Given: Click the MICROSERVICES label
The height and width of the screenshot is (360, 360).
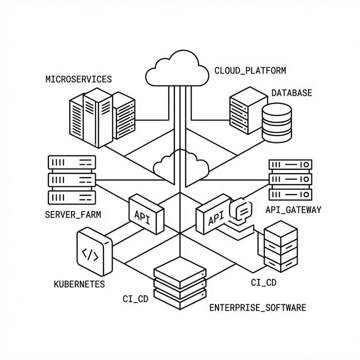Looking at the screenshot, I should pyautogui.click(x=78, y=79).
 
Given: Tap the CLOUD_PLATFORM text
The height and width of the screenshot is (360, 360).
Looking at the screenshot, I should pyautogui.click(x=250, y=71).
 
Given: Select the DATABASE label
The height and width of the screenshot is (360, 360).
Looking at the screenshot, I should pyautogui.click(x=291, y=93).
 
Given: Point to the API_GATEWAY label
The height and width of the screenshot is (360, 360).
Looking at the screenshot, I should pyautogui.click(x=292, y=210).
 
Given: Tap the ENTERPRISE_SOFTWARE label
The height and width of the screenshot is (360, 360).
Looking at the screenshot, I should pyautogui.click(x=258, y=308).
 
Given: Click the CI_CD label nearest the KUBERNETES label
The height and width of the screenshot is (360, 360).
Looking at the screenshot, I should pyautogui.click(x=135, y=299).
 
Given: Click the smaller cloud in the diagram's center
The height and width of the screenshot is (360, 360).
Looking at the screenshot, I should pyautogui.click(x=180, y=164).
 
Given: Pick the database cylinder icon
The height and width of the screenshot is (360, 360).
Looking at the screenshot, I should pyautogui.click(x=277, y=123).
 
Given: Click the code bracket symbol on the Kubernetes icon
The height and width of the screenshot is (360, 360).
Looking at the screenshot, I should pyautogui.click(x=90, y=255).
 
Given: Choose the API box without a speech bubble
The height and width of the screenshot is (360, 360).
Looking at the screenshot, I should pyautogui.click(x=146, y=214).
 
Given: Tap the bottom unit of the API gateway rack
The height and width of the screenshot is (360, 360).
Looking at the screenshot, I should pyautogui.click(x=290, y=194).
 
